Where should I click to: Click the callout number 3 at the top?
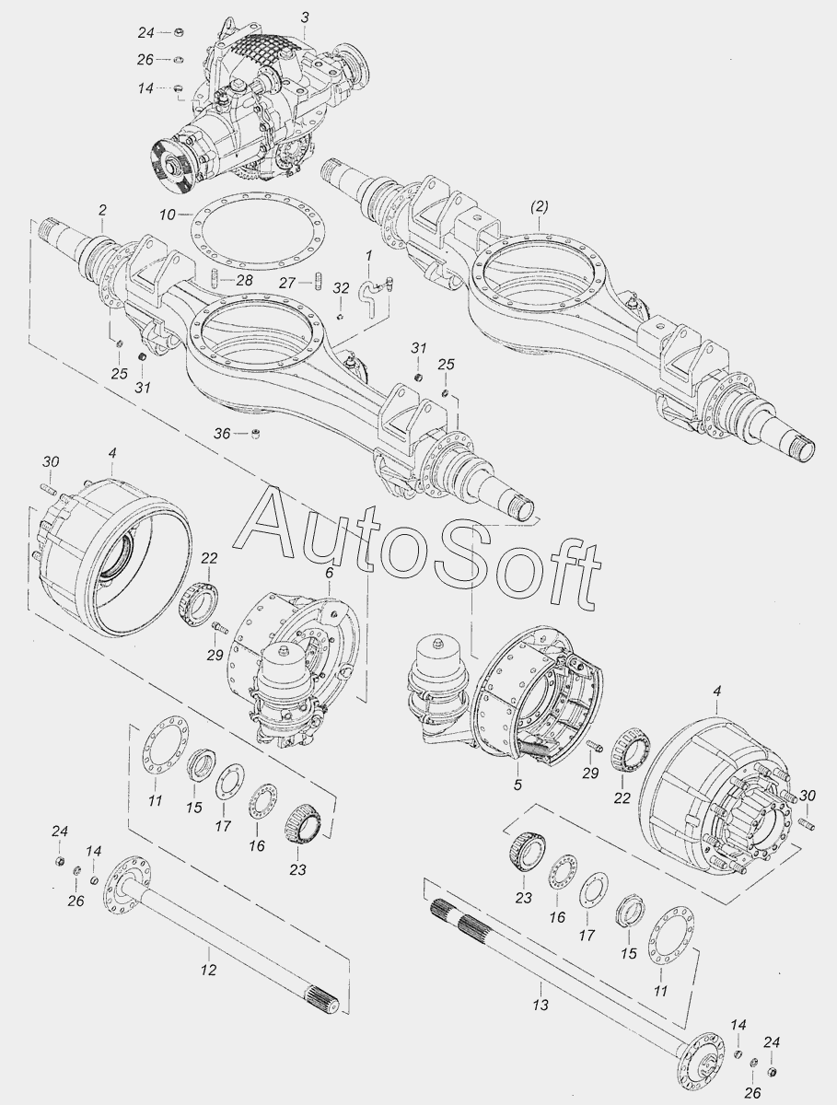tap(305, 18)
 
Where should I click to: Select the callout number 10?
tap(168, 215)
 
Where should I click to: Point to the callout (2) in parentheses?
tap(539, 207)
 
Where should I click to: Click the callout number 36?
tap(222, 434)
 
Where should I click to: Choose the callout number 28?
tap(244, 281)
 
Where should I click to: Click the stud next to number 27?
tap(318, 281)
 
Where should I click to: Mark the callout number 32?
tap(341, 288)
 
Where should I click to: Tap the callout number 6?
tap(329, 573)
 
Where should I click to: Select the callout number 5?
tap(517, 785)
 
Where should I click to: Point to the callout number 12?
tap(208, 970)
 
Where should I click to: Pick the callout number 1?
tap(369, 256)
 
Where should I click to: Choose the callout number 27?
tap(287, 283)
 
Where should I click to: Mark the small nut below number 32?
tap(341, 316)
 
